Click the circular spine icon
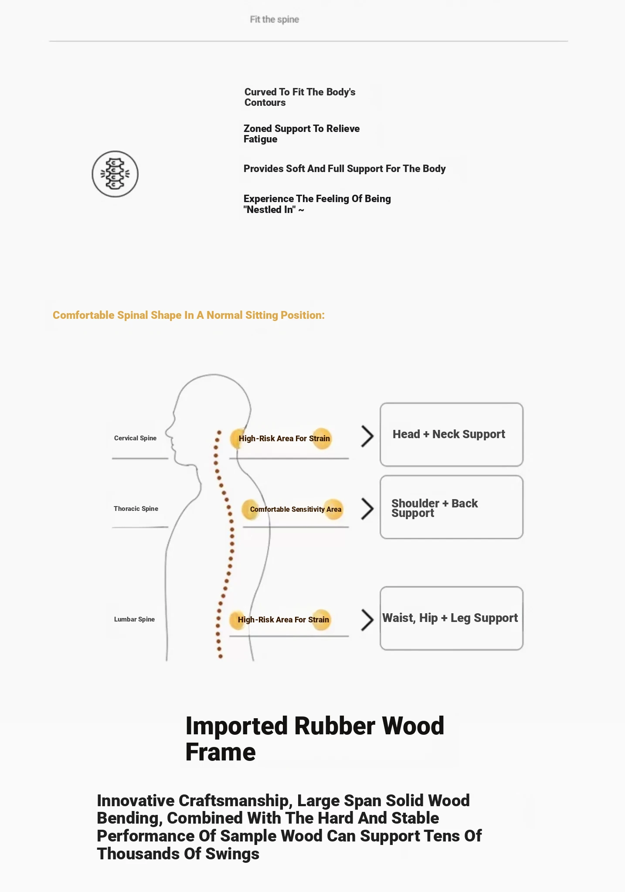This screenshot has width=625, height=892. tap(115, 174)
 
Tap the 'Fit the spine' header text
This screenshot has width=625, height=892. tap(274, 20)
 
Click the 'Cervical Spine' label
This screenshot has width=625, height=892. tap(135, 438)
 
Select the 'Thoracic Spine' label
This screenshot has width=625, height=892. tap(136, 509)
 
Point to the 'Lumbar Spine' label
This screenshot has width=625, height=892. tap(134, 619)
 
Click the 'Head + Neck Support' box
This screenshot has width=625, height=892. tap(451, 435)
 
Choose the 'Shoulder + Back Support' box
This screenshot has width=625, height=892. tap(451, 507)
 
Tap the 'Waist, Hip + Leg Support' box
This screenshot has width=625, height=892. tap(451, 618)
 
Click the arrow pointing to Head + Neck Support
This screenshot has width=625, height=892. tap(367, 436)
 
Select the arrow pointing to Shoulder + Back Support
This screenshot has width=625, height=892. tap(367, 509)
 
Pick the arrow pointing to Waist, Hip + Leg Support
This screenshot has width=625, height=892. tap(367, 620)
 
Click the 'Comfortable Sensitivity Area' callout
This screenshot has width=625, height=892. tap(295, 509)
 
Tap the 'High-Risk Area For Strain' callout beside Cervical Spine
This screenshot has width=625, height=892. tap(284, 439)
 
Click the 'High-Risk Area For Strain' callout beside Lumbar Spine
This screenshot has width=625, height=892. tap(283, 620)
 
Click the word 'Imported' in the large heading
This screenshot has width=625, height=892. tap(237, 726)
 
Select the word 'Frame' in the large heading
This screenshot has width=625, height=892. tap(221, 752)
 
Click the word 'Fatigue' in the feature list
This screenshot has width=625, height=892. tap(260, 139)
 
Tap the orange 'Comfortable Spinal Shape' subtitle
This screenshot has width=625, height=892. tap(188, 315)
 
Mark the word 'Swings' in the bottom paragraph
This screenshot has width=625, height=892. tap(232, 854)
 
